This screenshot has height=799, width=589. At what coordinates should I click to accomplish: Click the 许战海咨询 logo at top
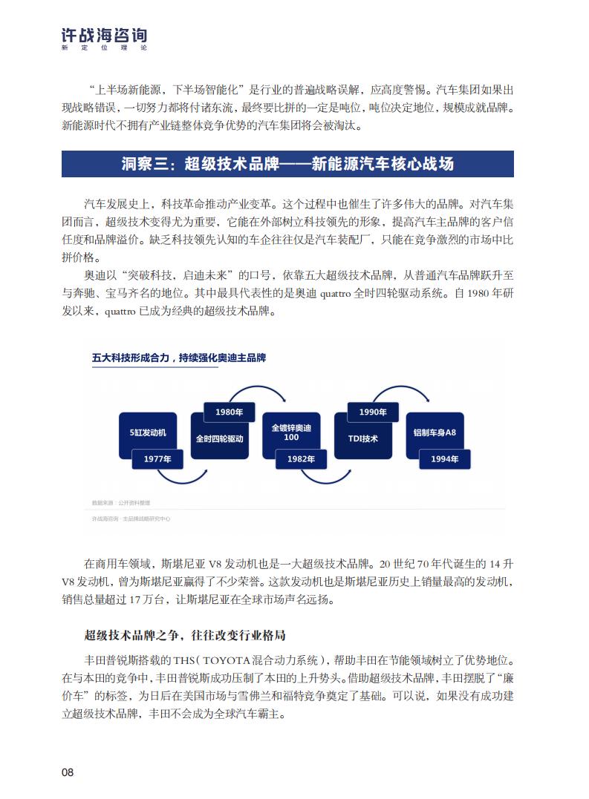coord(104,35)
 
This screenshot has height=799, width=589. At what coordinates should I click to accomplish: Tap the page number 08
coord(68,772)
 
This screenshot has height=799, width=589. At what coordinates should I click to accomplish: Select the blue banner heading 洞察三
coord(287,163)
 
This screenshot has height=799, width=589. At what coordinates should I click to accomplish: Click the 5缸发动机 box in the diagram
coord(148,433)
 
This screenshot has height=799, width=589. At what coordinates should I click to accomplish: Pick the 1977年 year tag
coord(157,459)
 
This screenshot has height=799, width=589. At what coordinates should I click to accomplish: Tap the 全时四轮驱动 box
coord(220,438)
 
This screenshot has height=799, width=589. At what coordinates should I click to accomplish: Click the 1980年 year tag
coord(229,412)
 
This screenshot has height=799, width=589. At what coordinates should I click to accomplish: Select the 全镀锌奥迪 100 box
coord(291,433)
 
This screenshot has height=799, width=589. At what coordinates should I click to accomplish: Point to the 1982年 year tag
coord(301,459)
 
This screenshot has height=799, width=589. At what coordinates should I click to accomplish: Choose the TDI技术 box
coord(363,438)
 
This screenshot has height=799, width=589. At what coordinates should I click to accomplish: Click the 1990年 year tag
coord(373,412)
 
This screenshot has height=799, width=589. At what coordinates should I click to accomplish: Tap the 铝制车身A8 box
coord(435,433)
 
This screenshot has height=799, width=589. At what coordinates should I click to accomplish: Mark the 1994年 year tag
coord(445,459)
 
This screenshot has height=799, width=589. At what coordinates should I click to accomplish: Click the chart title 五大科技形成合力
coord(179,358)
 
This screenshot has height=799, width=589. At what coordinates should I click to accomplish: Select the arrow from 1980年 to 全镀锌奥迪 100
coord(258,387)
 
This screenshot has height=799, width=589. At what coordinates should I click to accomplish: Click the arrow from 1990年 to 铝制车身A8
coord(401,387)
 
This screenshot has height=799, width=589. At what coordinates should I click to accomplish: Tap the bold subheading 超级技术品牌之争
coord(185,635)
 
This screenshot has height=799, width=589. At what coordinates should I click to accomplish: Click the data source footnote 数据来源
coord(121,503)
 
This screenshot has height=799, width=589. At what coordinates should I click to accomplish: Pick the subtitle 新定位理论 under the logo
coord(104,48)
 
